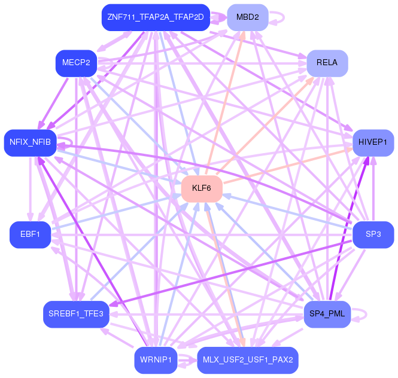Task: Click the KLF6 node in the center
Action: [202, 188]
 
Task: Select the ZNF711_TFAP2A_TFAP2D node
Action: [156, 17]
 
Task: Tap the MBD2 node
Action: [247, 17]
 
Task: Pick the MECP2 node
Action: [76, 63]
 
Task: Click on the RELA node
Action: [327, 63]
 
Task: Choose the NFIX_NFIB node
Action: [30, 142]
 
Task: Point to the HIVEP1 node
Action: [373, 142]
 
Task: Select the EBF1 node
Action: [30, 234]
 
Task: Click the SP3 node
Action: [373, 234]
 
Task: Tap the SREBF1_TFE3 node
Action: [75, 313]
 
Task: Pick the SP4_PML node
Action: [327, 313]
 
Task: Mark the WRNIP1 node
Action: [156, 359]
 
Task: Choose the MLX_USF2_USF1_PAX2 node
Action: [247, 359]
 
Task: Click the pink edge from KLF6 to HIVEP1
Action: [287, 166]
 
